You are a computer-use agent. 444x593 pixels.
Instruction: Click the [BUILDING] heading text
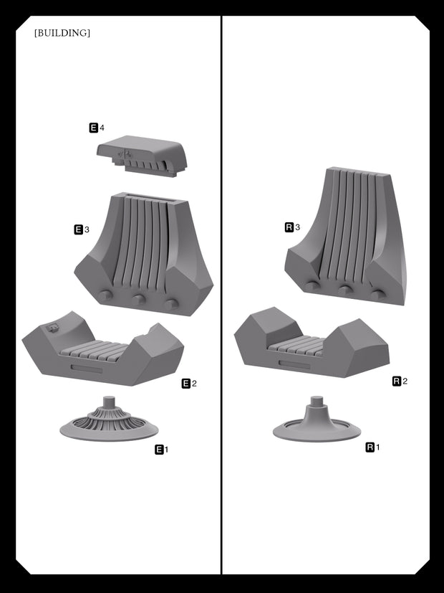click(x=62, y=33)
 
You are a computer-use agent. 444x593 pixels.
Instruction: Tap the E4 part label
click(x=97, y=128)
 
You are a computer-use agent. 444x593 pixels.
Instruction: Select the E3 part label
click(x=82, y=229)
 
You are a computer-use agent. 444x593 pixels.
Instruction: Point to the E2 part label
click(x=190, y=384)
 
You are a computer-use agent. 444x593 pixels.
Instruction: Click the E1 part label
click(x=162, y=450)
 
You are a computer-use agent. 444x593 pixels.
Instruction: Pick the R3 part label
click(x=293, y=227)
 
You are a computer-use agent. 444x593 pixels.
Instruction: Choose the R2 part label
click(x=400, y=381)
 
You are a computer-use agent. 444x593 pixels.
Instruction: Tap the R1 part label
click(x=373, y=447)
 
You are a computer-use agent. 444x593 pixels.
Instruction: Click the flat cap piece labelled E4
click(x=142, y=156)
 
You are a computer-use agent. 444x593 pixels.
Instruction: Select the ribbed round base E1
click(x=109, y=419)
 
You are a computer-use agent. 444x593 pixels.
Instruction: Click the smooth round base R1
click(x=317, y=420)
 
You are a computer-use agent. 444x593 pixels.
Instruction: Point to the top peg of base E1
click(x=109, y=401)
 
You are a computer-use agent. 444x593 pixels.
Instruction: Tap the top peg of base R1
click(x=317, y=401)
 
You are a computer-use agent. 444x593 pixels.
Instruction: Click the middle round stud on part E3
click(x=138, y=299)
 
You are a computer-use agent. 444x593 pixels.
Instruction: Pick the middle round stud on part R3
click(x=344, y=290)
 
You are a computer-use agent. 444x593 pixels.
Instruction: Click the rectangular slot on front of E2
click(x=87, y=369)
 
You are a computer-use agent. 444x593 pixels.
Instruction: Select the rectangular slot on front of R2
click(x=294, y=364)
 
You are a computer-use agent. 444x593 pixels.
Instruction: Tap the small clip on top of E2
click(x=52, y=328)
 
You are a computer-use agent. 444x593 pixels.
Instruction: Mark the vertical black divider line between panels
click(x=221, y=295)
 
